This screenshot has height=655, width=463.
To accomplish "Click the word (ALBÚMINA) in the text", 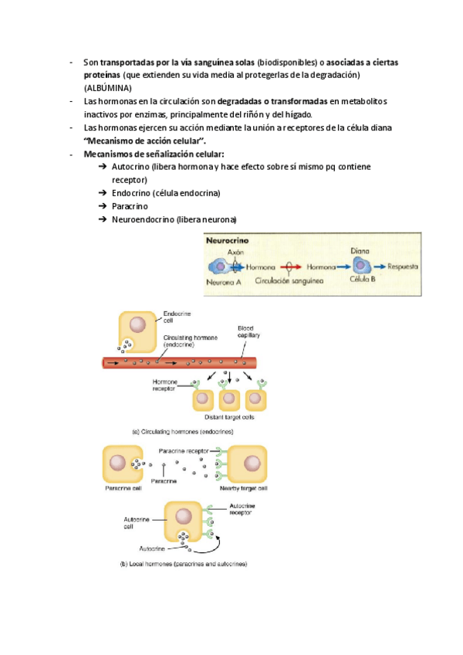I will coord(108,88).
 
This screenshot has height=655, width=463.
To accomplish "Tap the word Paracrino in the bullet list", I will coord(130,206).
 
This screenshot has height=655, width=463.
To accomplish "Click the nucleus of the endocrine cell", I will coord(137,326).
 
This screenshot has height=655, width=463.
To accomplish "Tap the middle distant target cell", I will coord(228,398).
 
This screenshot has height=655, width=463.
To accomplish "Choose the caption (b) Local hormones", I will coord(183,565).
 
